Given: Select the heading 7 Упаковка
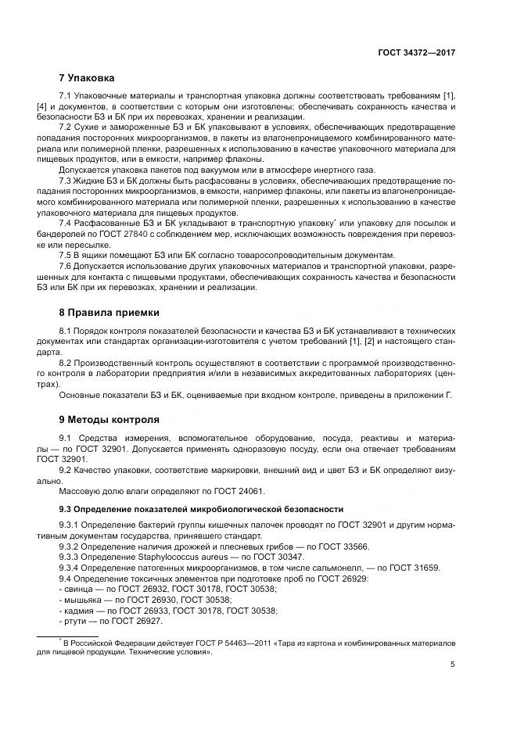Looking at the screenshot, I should (x=87, y=78).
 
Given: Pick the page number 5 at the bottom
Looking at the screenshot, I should (x=453, y=665).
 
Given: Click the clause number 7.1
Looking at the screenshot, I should (x=66, y=95).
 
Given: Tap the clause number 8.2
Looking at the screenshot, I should (x=66, y=364).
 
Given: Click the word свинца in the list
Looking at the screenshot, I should (x=77, y=588).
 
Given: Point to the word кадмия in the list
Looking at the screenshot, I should (x=77, y=610).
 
